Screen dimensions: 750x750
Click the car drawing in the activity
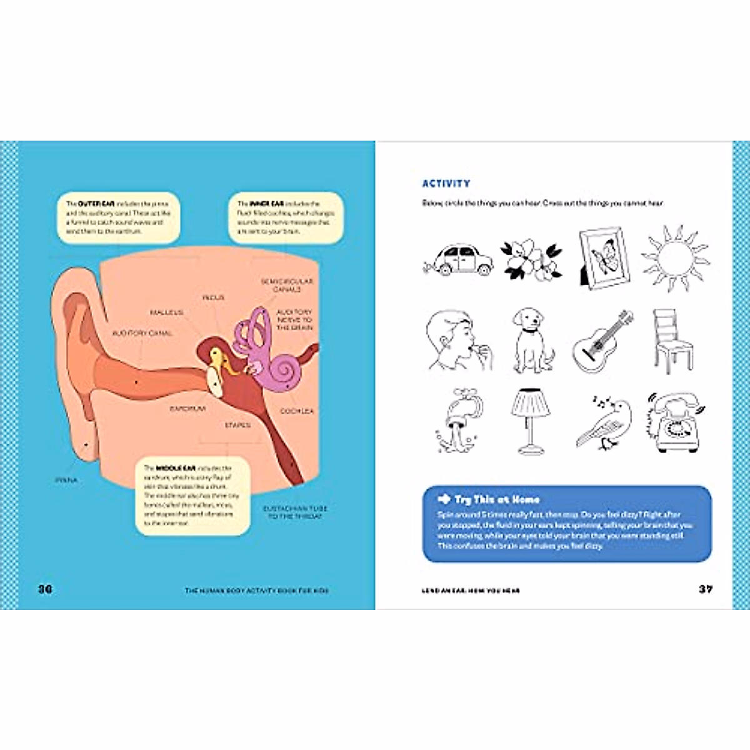coord(458,259)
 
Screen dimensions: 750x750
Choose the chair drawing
coord(672,341)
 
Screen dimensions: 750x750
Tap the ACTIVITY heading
coord(446,184)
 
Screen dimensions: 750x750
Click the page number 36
coord(46,589)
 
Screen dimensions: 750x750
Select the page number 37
coord(706,589)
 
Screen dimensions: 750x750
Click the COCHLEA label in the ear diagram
coord(297,411)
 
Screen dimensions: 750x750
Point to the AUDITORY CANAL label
coord(142,334)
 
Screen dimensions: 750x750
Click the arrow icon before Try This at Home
coord(444,499)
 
